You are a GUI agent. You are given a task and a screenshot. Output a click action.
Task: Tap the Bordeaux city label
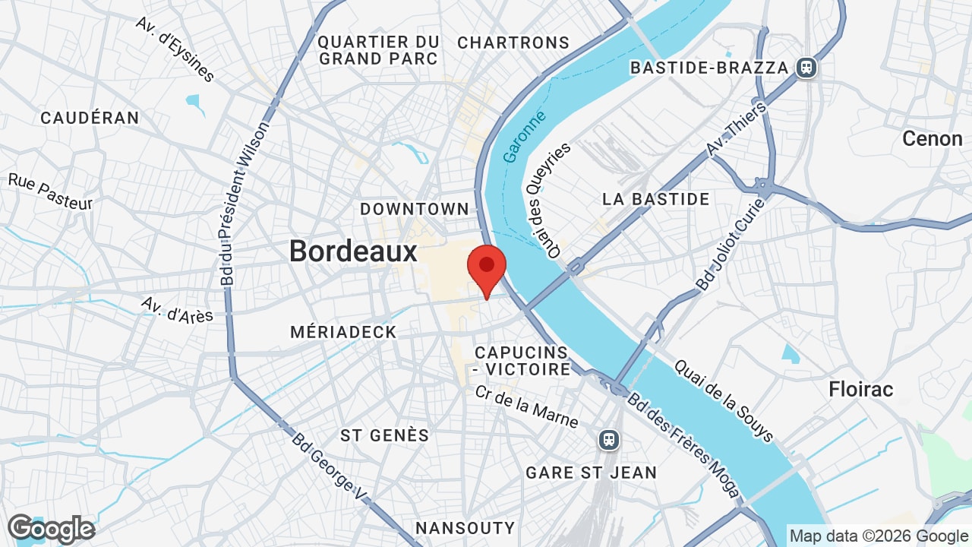point(353,251)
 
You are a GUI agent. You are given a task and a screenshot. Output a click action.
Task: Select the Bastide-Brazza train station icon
point(806,68)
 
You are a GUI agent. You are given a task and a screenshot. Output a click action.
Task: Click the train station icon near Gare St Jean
point(607,439)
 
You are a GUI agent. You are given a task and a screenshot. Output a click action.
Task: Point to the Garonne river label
point(525,137)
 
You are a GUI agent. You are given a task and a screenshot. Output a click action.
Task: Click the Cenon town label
point(932,139)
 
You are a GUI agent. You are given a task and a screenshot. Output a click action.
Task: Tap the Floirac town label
point(861,390)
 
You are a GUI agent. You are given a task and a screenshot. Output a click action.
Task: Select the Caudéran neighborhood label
point(90,118)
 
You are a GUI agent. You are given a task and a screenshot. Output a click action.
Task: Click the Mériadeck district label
point(343,332)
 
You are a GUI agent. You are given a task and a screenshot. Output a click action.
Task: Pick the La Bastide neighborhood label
point(656,199)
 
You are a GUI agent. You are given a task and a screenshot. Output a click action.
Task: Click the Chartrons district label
point(513,43)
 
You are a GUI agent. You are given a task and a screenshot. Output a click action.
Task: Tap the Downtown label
point(415,208)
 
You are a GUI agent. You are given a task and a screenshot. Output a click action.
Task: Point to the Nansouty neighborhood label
point(465,527)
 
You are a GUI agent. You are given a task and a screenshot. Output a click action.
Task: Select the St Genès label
point(385,435)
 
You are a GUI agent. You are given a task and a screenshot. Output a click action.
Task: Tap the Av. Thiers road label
point(736,129)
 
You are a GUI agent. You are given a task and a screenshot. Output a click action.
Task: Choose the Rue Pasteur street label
point(50,191)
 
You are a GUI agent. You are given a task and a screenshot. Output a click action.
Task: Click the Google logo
point(51,529)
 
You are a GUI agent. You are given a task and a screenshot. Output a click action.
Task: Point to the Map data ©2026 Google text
point(879,536)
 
